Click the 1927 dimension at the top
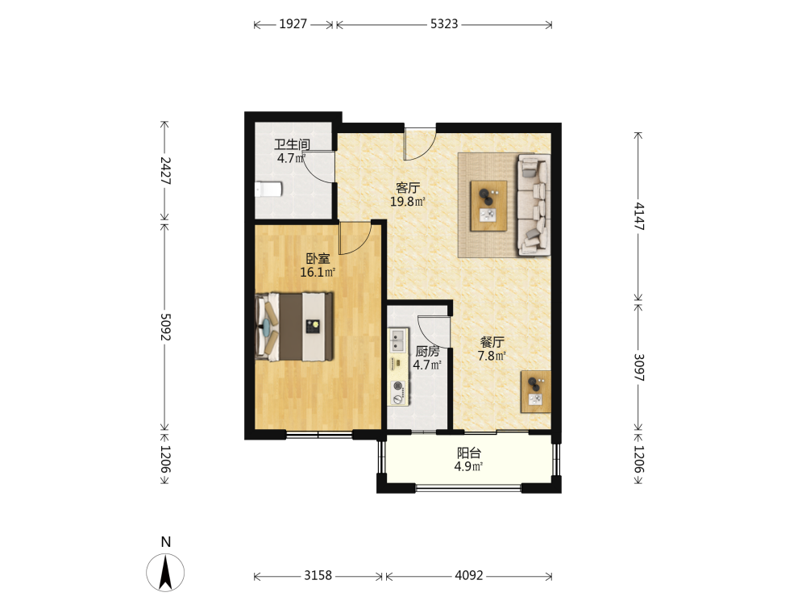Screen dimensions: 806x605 (x=293, y=24)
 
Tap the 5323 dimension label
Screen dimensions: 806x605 (x=444, y=24)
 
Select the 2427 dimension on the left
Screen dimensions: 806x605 (x=165, y=171)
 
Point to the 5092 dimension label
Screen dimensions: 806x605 (x=165, y=327)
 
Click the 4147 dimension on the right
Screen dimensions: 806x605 (x=639, y=216)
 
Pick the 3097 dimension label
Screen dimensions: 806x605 (x=639, y=367)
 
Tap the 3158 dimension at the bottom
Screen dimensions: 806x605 (x=318, y=575)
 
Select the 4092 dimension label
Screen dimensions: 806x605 (x=469, y=575)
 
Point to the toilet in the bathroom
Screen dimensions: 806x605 (x=269, y=190)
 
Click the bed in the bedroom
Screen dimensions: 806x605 (x=294, y=327)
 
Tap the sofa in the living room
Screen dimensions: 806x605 (x=534, y=205)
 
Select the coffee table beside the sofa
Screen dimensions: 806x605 (x=488, y=206)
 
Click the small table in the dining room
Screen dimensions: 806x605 (x=536, y=391)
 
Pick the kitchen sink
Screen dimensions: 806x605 (x=397, y=340)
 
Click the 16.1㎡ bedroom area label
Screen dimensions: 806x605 (x=318, y=272)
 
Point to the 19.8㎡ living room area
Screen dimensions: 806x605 (x=407, y=202)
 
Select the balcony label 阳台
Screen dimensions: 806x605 (x=469, y=453)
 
